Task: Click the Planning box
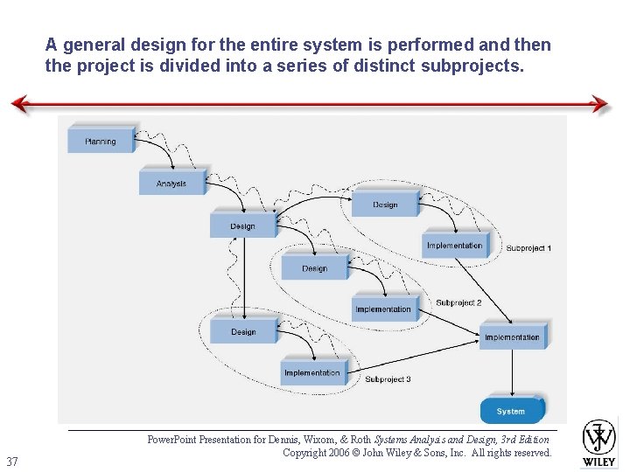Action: click(x=101, y=141)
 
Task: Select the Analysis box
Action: click(x=171, y=184)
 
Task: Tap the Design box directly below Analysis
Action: click(x=242, y=226)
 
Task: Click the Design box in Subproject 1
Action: click(x=385, y=205)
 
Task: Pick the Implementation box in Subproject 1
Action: click(x=455, y=246)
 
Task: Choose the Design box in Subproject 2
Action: click(x=314, y=268)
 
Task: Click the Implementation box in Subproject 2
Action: click(x=383, y=309)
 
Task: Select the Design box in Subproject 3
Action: click(x=243, y=332)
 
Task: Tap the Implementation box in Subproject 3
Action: click(x=312, y=373)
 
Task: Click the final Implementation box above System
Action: click(x=512, y=337)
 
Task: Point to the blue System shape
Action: click(x=511, y=411)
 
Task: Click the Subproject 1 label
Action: click(x=528, y=249)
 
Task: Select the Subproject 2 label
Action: click(x=458, y=303)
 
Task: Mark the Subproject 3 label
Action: click(x=388, y=379)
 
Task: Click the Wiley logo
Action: click(x=599, y=442)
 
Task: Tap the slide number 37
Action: click(x=12, y=462)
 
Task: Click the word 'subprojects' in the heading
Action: click(x=473, y=65)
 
